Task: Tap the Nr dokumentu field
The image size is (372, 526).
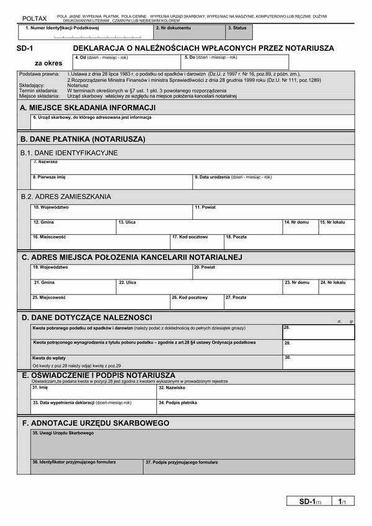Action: coord(189,33)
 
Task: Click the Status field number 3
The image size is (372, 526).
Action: coord(239,33)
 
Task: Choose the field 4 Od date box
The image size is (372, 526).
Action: coord(126,63)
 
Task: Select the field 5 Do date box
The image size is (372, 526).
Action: coord(236,63)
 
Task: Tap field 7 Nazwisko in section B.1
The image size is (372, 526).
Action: coord(192,167)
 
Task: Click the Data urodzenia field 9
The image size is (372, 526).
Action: coord(273,181)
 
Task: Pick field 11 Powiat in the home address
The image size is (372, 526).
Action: coord(273,212)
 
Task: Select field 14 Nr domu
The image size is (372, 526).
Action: coord(300,227)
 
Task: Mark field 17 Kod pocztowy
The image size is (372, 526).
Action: coord(197,242)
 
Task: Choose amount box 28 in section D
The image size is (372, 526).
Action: coord(319,332)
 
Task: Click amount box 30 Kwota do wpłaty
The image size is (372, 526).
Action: coord(319,362)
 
